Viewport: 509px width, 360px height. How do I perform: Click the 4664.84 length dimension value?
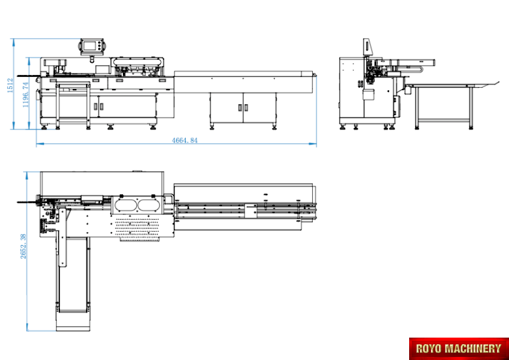tap(185, 140)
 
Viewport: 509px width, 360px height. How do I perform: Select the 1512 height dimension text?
tap(10, 85)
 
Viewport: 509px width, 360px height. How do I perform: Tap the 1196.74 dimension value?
tap(25, 95)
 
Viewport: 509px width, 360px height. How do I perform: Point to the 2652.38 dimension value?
tap(23, 246)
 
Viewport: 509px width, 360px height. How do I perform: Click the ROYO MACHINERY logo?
tap(459, 349)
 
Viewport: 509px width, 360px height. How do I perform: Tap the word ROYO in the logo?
tap(429, 349)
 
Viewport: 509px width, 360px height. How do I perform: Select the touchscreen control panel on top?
tap(91, 46)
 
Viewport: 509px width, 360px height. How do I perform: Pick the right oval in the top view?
tap(149, 205)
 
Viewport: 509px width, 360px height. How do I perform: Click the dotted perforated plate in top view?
tap(138, 227)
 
